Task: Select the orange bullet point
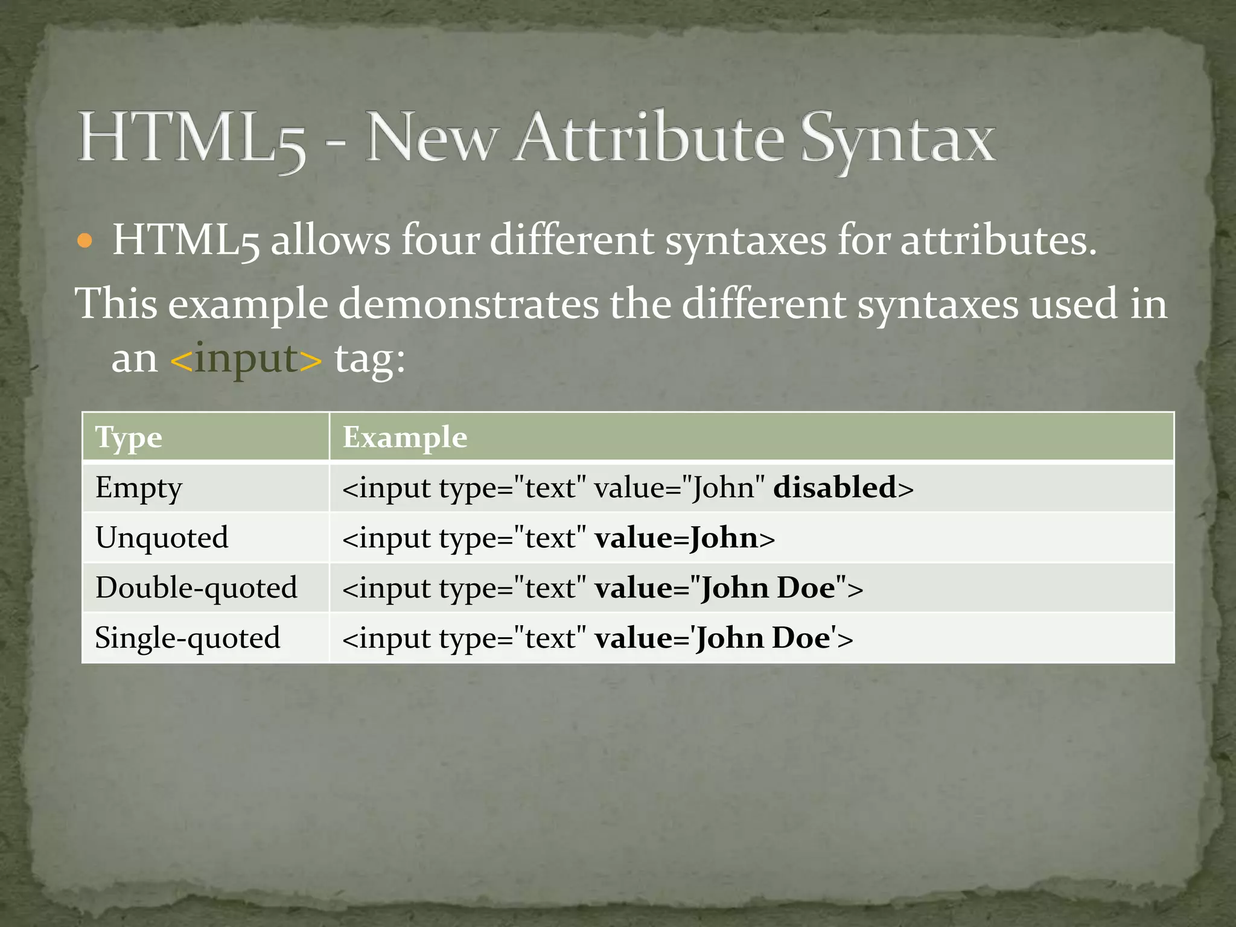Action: (x=85, y=241)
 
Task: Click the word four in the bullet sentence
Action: (x=440, y=240)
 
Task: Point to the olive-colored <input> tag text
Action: (x=246, y=358)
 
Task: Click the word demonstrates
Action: (x=468, y=303)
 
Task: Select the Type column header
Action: (x=129, y=438)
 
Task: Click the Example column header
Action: (x=405, y=437)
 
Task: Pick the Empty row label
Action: (x=138, y=488)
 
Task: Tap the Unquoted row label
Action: (x=162, y=538)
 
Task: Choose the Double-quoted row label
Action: (x=196, y=588)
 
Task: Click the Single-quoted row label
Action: (x=188, y=638)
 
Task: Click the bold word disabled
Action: (x=835, y=487)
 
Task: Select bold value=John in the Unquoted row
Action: (x=676, y=538)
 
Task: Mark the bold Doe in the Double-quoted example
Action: (x=806, y=588)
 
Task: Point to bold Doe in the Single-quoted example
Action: (x=801, y=638)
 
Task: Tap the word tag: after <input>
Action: (x=370, y=360)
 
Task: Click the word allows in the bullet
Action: (x=330, y=240)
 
